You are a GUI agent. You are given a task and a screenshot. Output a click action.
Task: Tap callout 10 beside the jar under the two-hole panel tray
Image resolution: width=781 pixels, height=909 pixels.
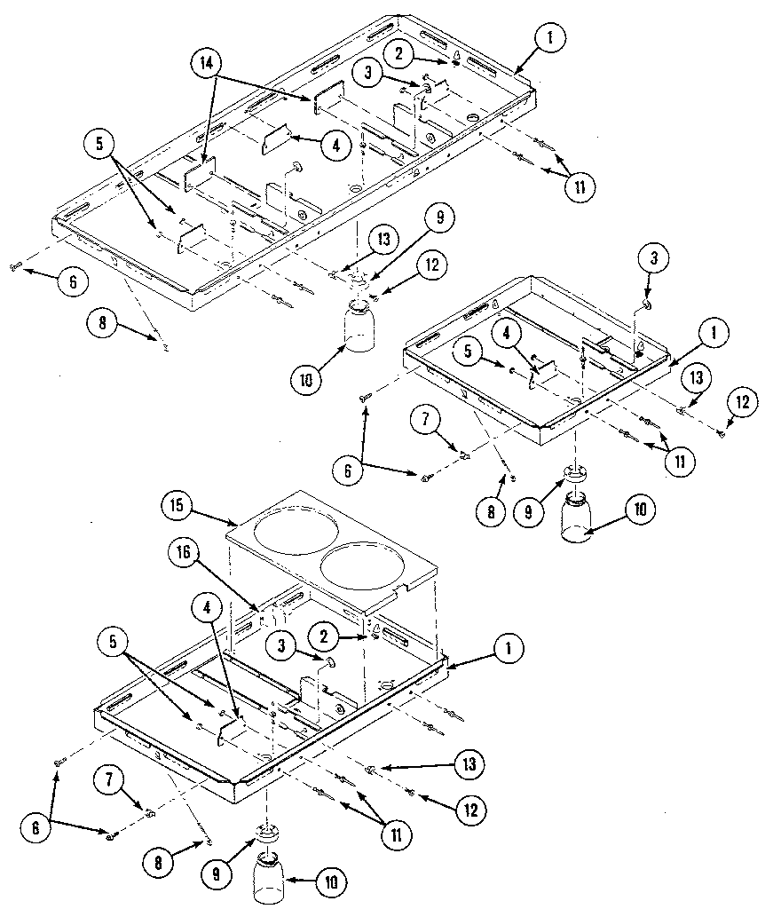[x=331, y=882]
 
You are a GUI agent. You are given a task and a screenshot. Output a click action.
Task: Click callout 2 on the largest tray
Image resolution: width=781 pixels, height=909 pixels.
[x=399, y=53]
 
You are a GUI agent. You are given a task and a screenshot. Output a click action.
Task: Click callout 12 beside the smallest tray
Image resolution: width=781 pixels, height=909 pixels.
[x=742, y=402]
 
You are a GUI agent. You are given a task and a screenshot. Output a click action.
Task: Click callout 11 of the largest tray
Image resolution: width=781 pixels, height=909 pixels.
[x=579, y=186]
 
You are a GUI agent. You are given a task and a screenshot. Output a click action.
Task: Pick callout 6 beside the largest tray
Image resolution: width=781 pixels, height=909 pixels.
[x=72, y=282]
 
